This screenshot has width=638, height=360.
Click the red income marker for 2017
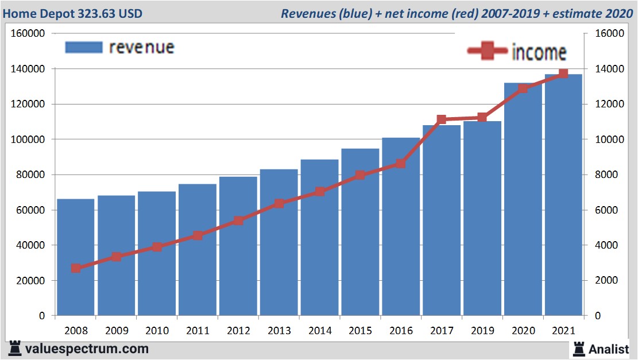pyautogui.click(x=442, y=120)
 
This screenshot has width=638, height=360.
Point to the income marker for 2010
pyautogui.click(x=157, y=247)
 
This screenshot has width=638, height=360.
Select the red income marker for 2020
pyautogui.click(x=523, y=88)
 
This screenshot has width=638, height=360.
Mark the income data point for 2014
pyautogui.click(x=320, y=192)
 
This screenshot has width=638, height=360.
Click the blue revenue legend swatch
pyautogui.click(x=84, y=47)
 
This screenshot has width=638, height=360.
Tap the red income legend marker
pyautogui.click(x=487, y=52)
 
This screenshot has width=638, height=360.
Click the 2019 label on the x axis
pyautogui.click(x=482, y=331)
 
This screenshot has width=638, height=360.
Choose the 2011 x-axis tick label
pyautogui.click(x=198, y=331)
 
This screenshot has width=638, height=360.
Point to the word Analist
pyautogui.click(x=608, y=349)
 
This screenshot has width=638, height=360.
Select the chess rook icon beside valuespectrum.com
pyautogui.click(x=15, y=348)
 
